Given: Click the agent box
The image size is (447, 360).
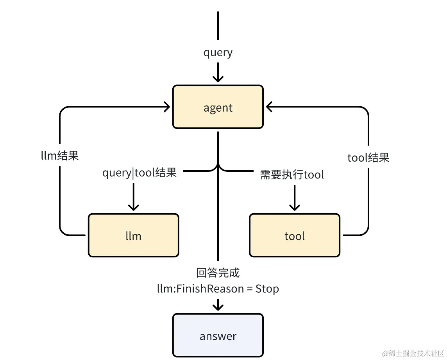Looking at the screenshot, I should (218, 107).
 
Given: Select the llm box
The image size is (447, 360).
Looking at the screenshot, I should (133, 235).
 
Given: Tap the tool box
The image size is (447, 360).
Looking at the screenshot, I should (294, 235).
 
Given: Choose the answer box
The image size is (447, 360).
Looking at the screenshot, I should (218, 335).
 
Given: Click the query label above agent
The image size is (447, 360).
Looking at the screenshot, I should (218, 52).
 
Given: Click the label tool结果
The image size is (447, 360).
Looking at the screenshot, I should (368, 157).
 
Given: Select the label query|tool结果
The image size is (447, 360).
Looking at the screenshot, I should (139, 172).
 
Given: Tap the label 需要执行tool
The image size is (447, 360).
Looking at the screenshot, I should (292, 174).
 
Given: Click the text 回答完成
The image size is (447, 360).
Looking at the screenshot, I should (218, 273).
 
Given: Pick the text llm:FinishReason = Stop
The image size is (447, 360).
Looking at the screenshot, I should (218, 289).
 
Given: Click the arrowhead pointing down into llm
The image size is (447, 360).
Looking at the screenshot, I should (133, 206).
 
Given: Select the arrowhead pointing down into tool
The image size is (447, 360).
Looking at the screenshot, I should (294, 206).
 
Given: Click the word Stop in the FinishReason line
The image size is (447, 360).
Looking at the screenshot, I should (267, 289).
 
